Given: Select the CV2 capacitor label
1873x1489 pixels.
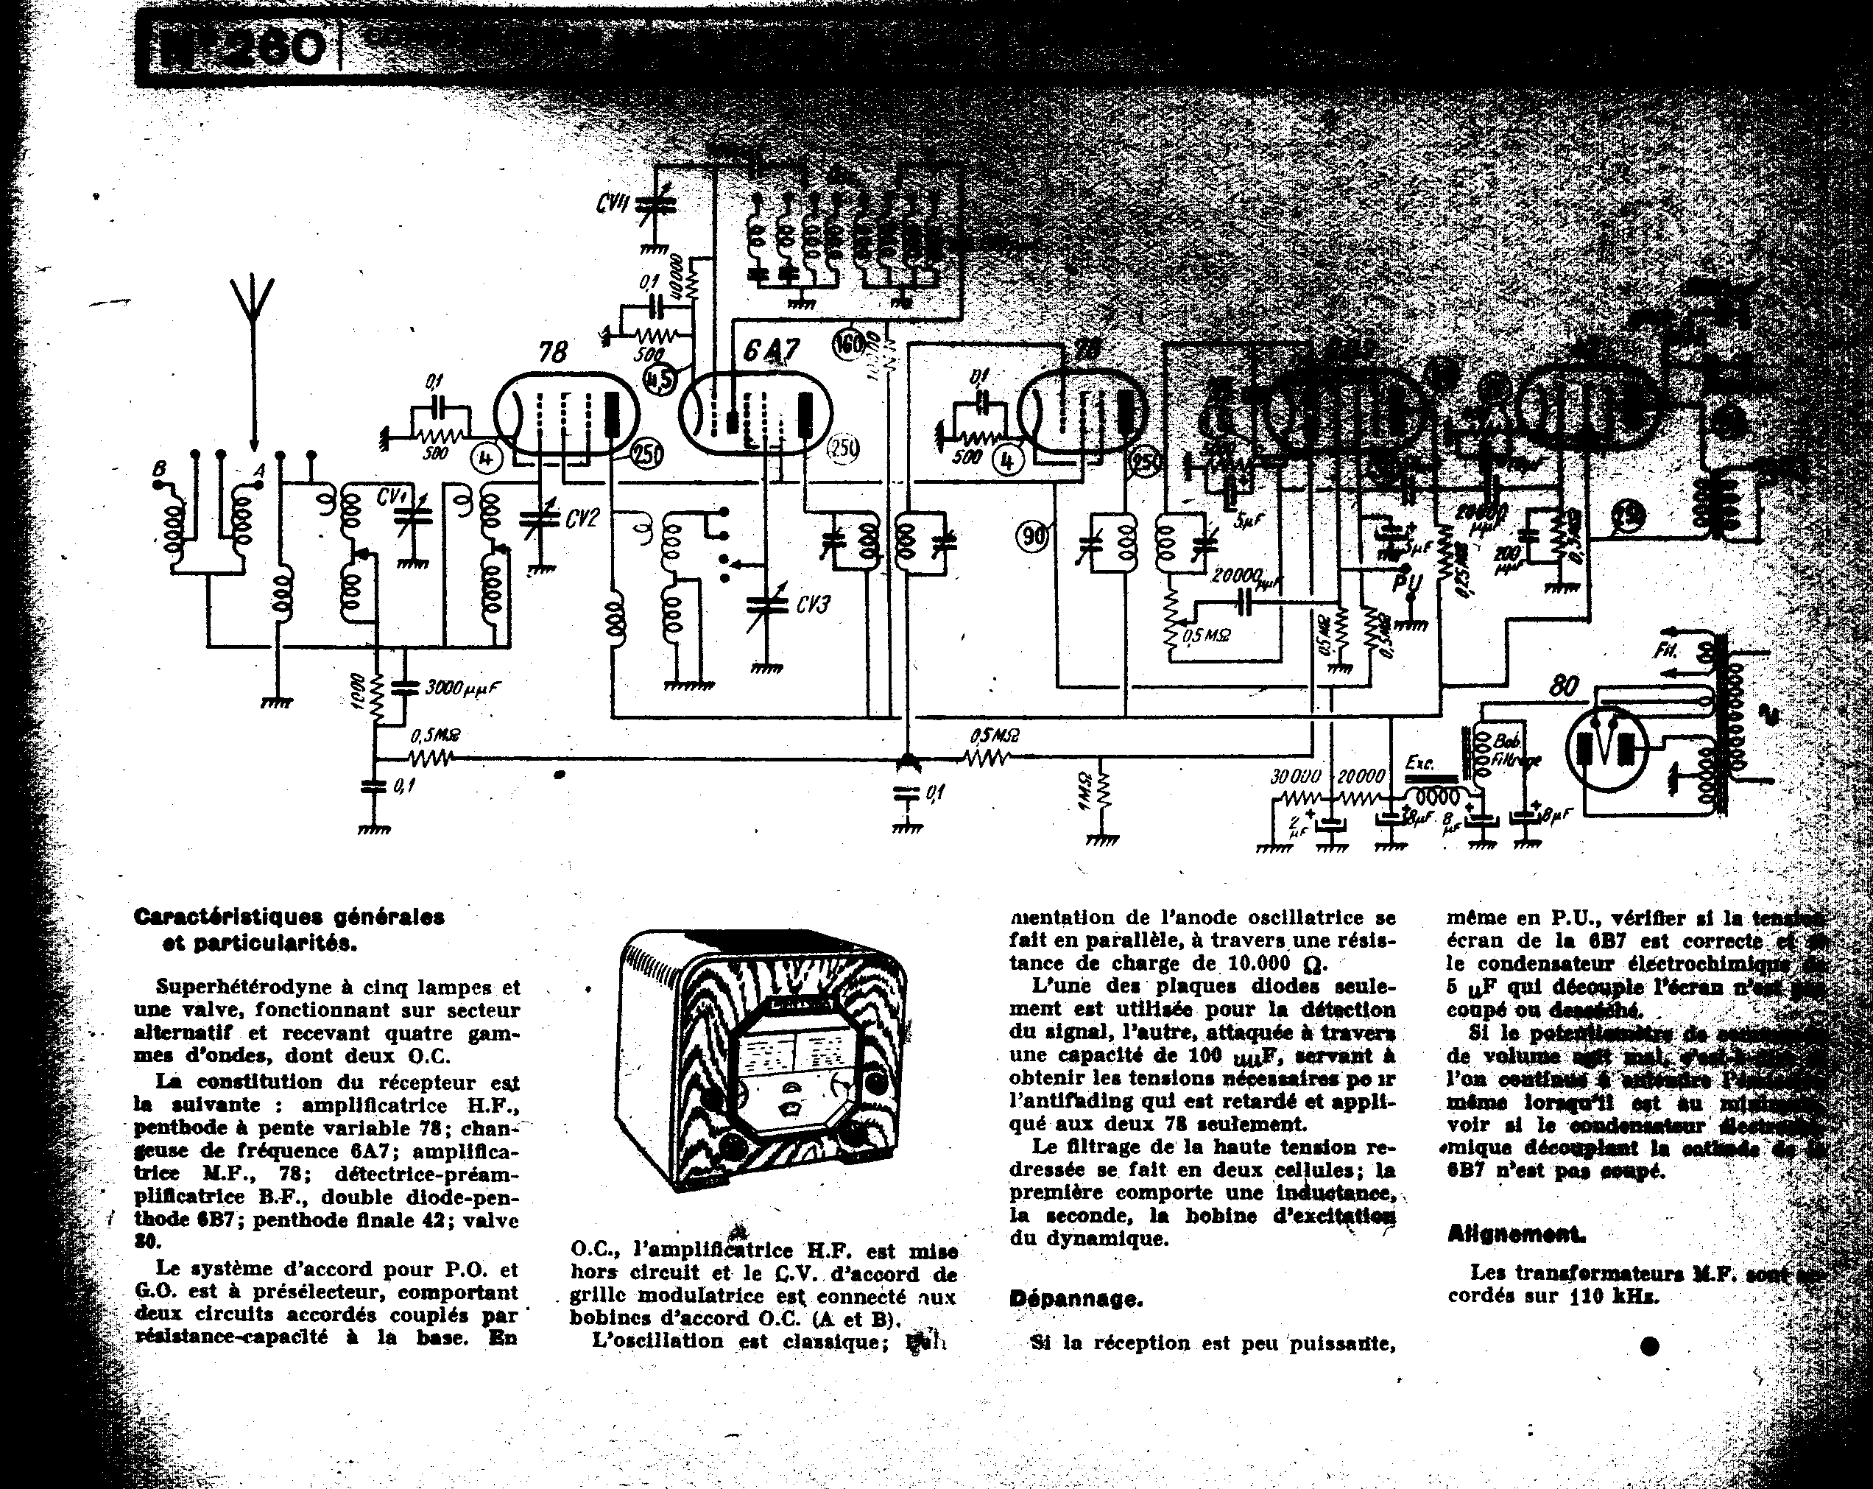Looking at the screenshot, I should point(582,518).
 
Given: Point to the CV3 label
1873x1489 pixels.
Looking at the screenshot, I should point(812,604).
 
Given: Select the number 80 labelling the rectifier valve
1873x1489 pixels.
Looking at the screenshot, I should point(1563,687).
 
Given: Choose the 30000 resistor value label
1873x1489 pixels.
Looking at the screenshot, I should point(1295,775).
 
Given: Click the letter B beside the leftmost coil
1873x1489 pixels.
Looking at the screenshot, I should point(159,470).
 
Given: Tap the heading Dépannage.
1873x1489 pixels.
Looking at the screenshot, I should point(1076,1300).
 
